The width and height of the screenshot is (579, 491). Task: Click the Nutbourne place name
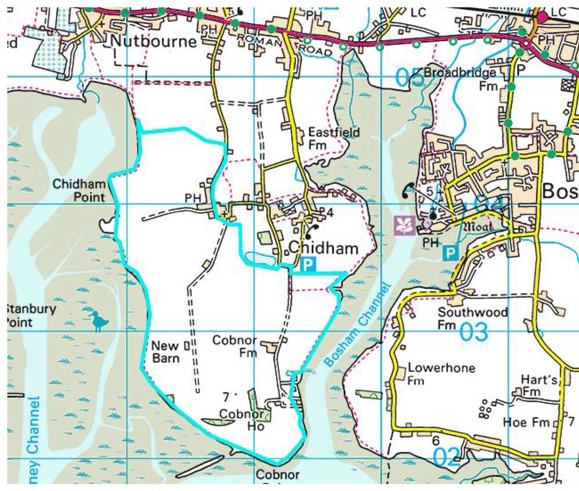pos(154,42)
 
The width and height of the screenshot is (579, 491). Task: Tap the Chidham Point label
pos(79,191)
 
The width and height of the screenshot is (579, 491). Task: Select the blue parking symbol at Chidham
pos(309,265)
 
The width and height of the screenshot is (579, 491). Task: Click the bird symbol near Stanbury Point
pos(98,321)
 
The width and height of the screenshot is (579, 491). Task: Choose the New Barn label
pos(165,351)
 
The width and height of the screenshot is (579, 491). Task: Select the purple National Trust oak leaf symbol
pos(404,226)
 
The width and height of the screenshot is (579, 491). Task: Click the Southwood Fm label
pos(472,318)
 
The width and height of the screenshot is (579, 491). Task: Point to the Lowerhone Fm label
pos(433,374)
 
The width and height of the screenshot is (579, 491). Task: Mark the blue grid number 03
pos(474,333)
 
